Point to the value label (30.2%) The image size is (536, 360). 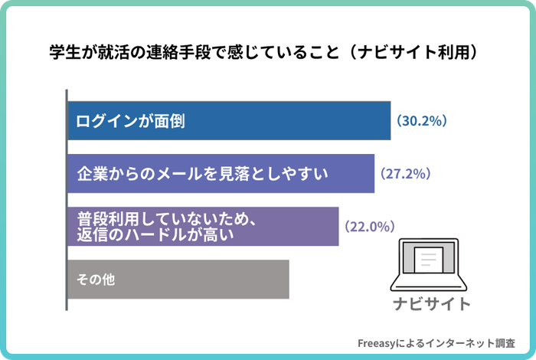pos(421,121)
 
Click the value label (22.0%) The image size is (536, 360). pos(369,227)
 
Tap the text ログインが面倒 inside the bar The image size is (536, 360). pos(132,121)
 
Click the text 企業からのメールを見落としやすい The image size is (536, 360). pos(202,174)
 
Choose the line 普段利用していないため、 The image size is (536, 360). pos(165,218)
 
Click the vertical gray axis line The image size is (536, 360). pos(67,199)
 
